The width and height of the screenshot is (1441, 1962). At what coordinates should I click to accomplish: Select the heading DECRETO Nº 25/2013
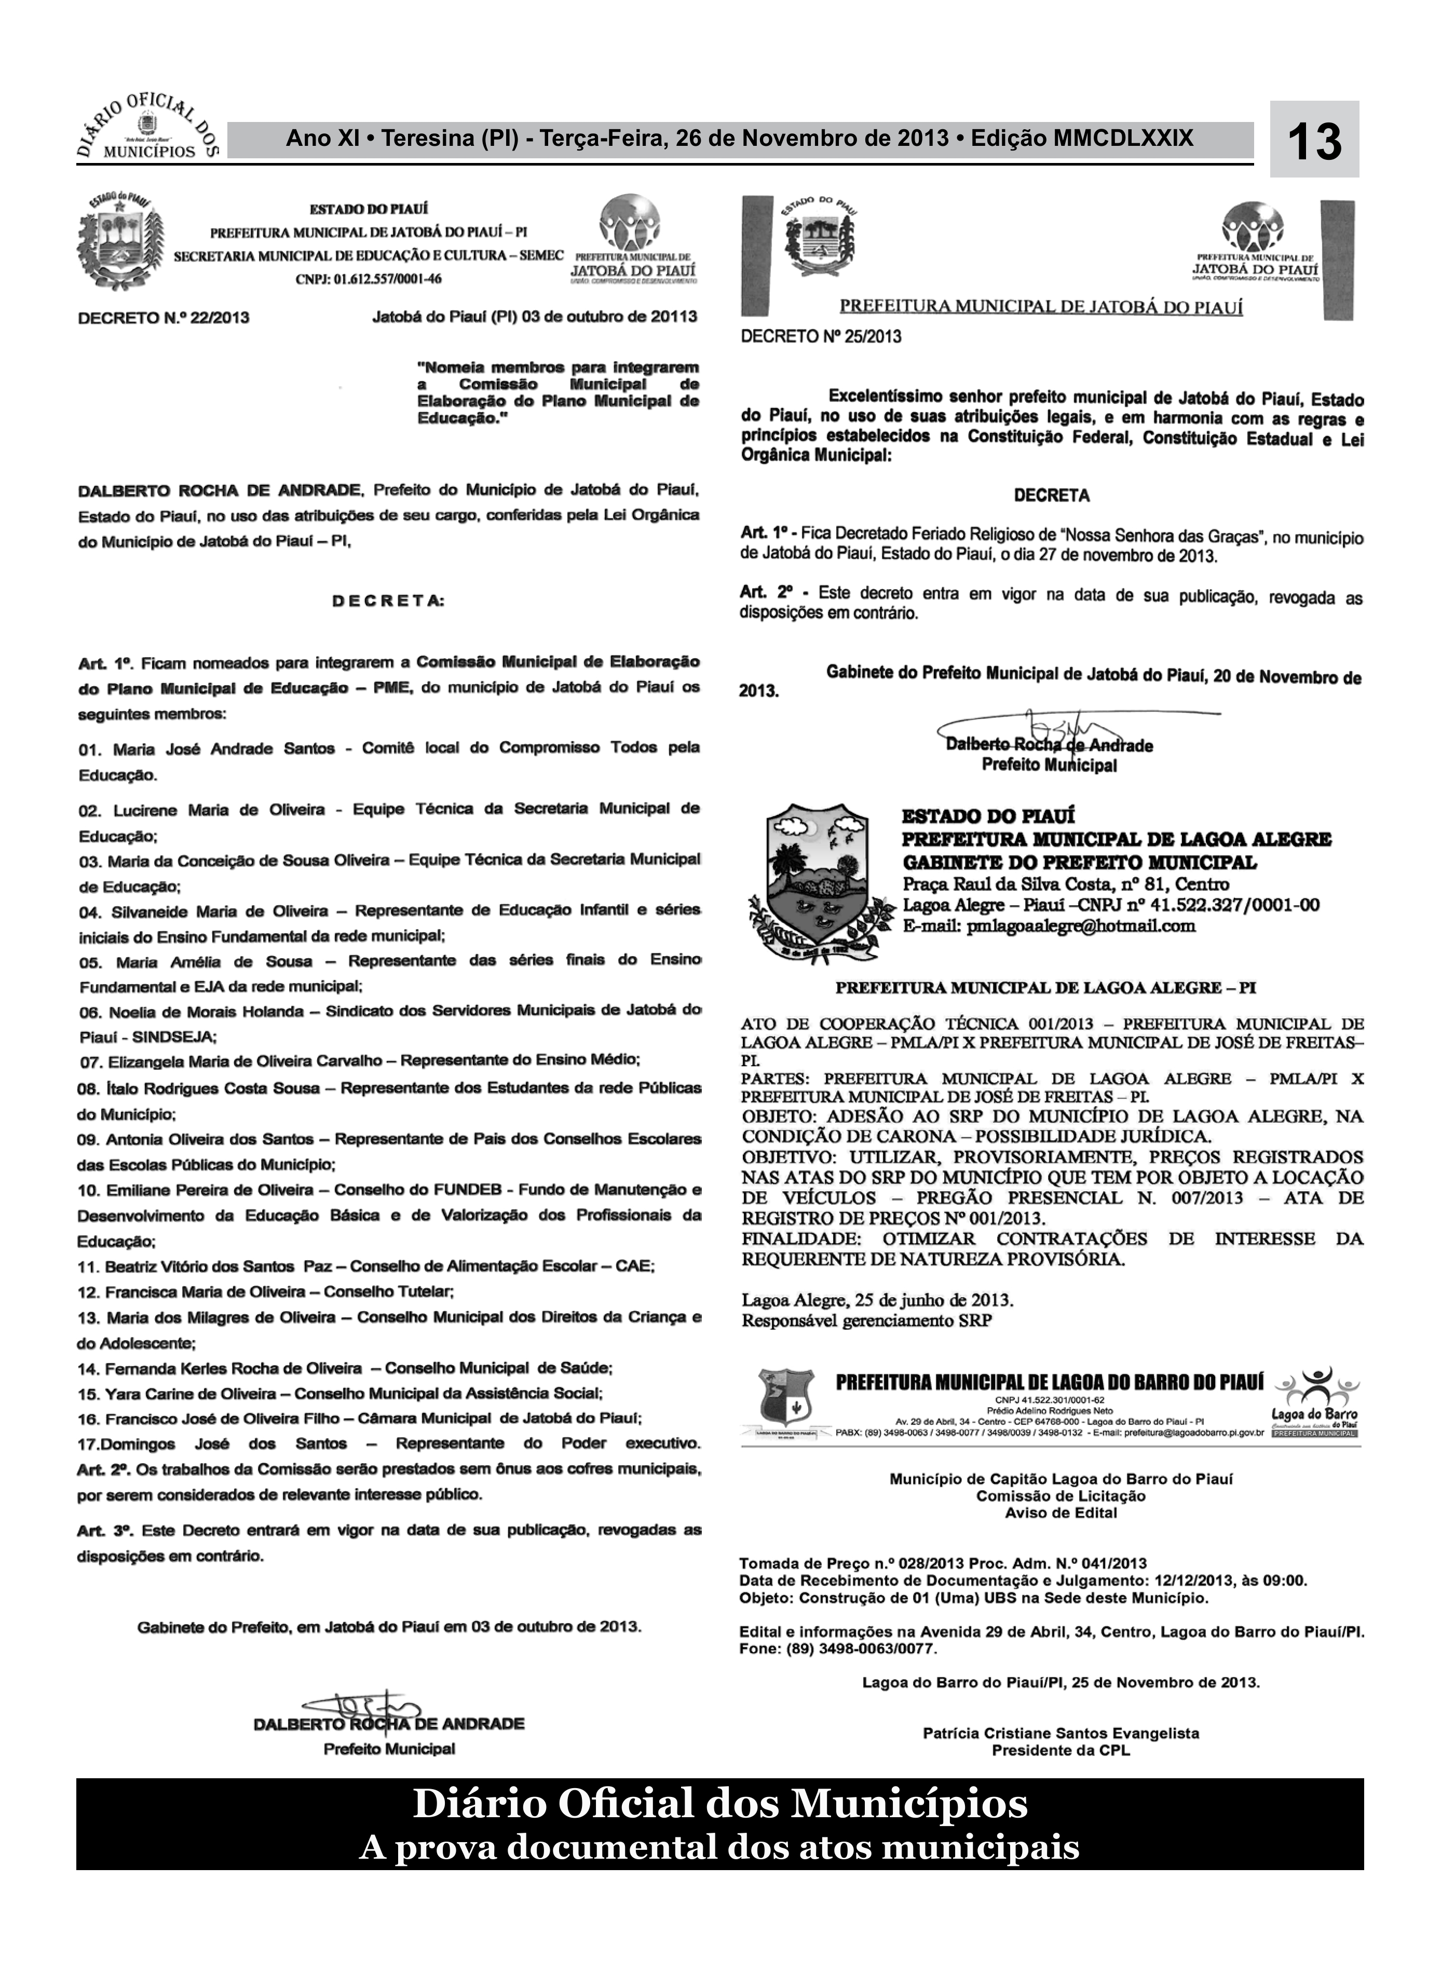820,336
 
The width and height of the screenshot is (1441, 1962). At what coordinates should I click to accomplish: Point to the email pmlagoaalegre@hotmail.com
1080,926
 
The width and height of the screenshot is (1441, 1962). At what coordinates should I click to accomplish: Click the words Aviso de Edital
1061,1513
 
